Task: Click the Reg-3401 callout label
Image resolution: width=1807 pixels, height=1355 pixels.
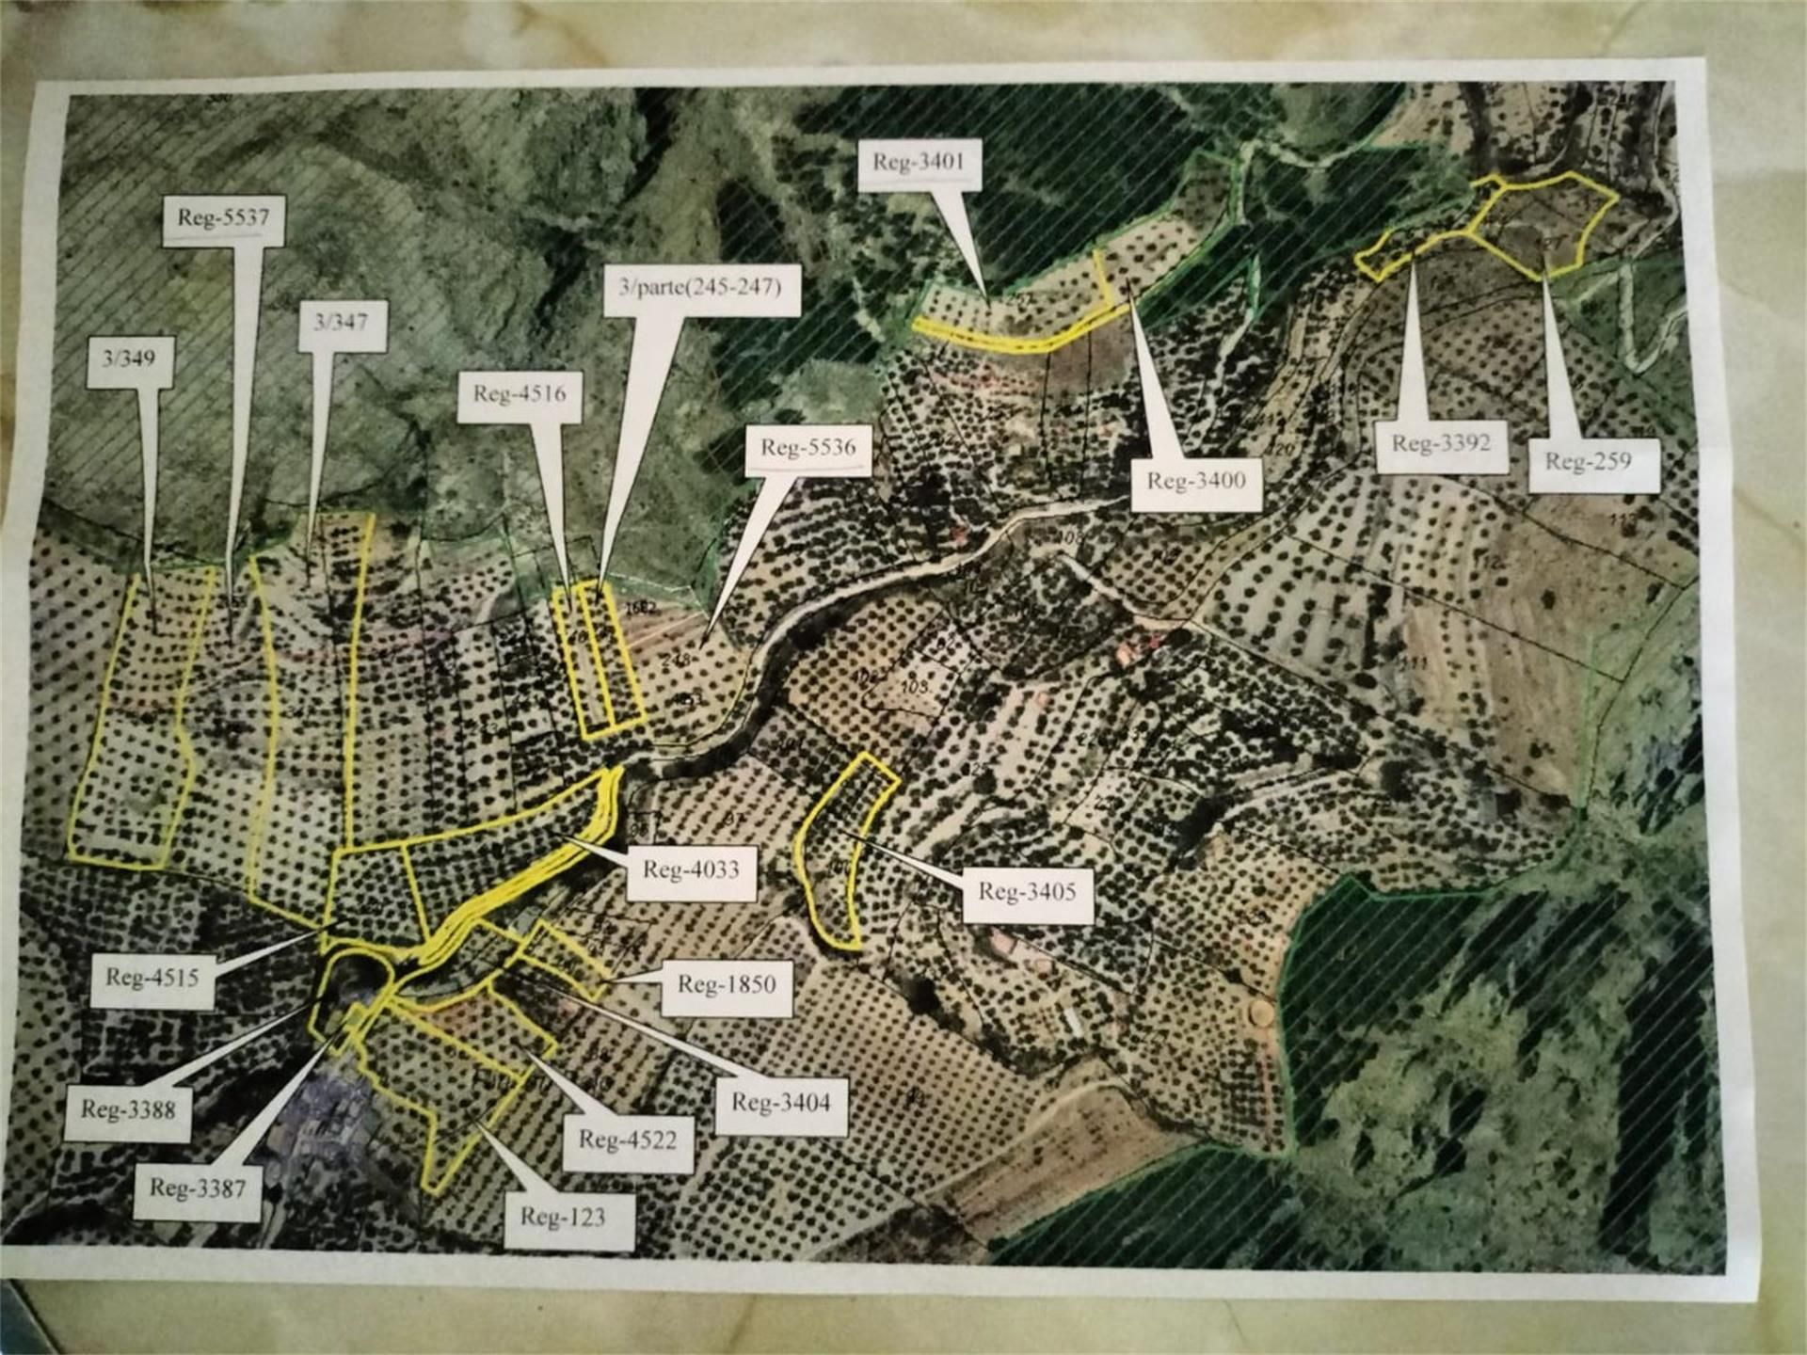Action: [x=919, y=164]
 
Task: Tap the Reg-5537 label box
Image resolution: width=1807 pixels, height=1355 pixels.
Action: [x=223, y=219]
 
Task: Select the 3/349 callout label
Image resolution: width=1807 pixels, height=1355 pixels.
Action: [x=129, y=359]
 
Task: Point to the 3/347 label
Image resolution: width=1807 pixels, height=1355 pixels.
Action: [x=340, y=324]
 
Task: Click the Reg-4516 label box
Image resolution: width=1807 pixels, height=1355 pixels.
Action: [x=520, y=394]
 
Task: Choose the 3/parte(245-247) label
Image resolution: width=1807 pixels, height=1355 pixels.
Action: [x=700, y=288]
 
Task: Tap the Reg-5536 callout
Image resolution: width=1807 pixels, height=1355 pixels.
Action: [x=808, y=449]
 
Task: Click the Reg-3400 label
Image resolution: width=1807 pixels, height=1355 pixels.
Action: [x=1195, y=482]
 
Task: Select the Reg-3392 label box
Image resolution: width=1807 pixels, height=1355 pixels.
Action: [x=1440, y=444]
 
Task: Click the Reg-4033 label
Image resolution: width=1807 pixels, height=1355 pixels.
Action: [x=691, y=870]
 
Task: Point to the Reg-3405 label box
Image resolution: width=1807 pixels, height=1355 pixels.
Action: [x=1027, y=892]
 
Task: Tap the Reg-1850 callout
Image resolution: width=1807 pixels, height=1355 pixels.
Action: [x=726, y=986]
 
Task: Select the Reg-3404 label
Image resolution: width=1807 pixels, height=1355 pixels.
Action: [x=780, y=1103]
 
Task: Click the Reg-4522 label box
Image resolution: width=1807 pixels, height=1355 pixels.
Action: [x=627, y=1141]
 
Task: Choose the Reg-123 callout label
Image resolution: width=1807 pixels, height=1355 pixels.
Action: [x=563, y=1219]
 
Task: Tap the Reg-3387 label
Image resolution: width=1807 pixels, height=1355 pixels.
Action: [x=198, y=1188]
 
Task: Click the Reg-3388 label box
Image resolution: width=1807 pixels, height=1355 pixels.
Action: [x=129, y=1110]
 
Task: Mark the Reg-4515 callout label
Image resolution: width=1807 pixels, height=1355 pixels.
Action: [x=152, y=979]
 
